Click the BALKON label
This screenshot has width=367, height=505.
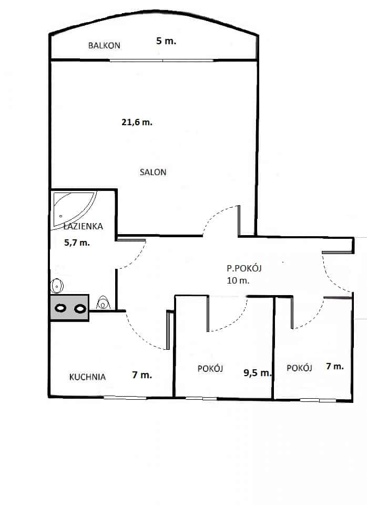tap(104, 45)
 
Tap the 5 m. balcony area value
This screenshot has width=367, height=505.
tap(166, 41)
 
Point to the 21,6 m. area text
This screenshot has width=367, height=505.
tap(137, 123)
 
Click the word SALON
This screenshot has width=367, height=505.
tap(153, 172)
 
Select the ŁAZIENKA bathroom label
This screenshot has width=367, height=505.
tap(84, 226)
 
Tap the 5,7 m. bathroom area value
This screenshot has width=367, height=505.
tap(77, 243)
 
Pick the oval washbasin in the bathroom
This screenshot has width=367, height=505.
tap(57, 286)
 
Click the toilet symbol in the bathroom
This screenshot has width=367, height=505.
tap(103, 303)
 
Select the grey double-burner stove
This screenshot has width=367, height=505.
tap(69, 308)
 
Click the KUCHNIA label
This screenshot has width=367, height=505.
tap(87, 377)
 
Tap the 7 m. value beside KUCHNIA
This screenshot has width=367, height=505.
tap(142, 375)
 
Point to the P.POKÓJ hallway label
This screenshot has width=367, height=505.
tap(244, 268)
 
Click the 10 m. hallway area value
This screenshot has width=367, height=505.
tap(238, 280)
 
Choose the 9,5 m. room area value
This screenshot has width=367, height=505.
tap(258, 373)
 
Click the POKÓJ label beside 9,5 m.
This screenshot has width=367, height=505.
tap(210, 368)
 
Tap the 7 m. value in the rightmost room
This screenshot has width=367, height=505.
tap(335, 366)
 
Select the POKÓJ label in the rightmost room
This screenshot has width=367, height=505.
tap(299, 368)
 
